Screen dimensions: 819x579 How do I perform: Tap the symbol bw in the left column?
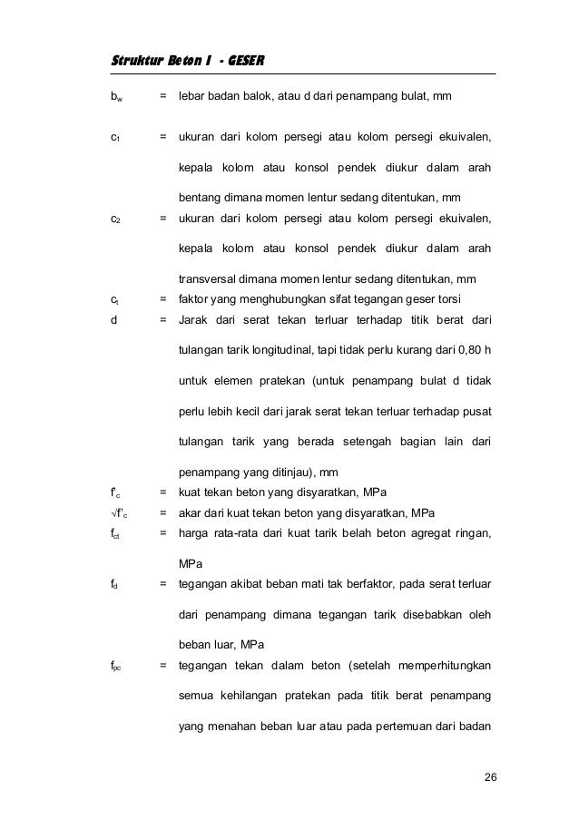coord(113,95)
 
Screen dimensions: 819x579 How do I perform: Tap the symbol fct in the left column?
coord(114,533)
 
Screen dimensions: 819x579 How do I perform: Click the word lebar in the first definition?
coord(192,95)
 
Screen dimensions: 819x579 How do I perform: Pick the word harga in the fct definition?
coord(194,532)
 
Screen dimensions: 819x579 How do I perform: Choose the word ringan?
coord(472,532)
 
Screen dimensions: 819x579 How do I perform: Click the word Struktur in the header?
coord(132,61)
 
